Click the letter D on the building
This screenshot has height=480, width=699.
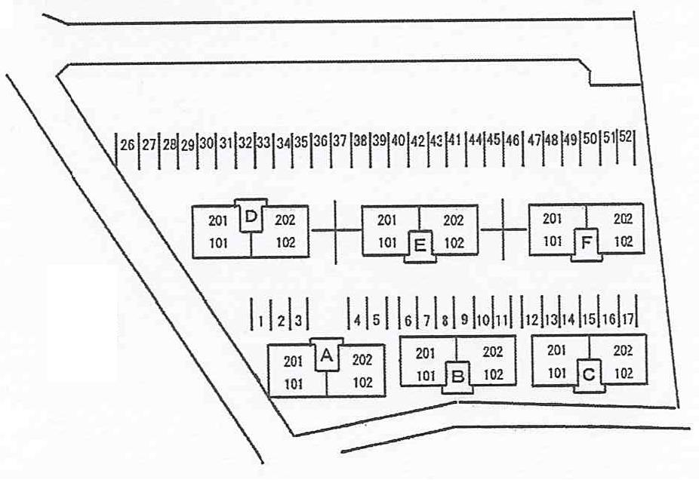pos(251,217)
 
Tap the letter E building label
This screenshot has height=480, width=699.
pos(420,245)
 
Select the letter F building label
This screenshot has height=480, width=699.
pos(587,243)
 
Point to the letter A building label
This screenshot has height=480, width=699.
pos(327,356)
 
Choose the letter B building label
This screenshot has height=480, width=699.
pos(458,377)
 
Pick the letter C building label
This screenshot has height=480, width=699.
pos(589,375)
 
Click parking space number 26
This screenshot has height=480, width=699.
pos(128,145)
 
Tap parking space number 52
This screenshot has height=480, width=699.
pos(626,137)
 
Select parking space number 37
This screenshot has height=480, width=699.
pos(340,141)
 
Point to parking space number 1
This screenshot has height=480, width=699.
pos(260,321)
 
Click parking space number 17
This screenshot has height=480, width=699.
pos(627,319)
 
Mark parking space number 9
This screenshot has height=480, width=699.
pos(464,319)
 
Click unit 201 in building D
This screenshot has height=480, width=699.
pos(217,220)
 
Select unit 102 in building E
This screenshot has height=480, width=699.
pos(454,243)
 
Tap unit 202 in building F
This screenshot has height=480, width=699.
pos(624,219)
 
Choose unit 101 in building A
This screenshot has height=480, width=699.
pos(294,383)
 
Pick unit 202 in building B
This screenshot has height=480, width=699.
pos(493,352)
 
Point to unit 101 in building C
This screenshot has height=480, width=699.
pos(557,373)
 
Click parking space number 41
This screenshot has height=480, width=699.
pos(454,140)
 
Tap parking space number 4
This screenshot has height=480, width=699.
pos(357,320)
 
